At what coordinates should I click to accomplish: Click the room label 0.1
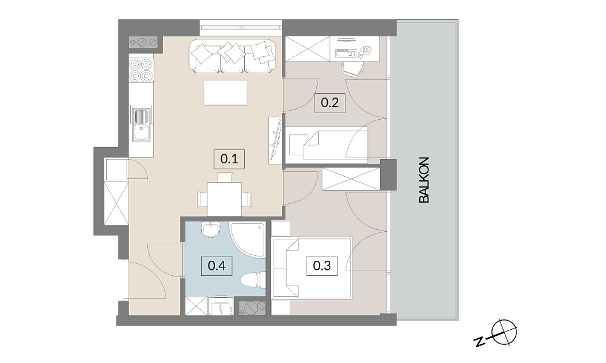tap(229, 159)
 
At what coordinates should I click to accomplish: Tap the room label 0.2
tap(330, 103)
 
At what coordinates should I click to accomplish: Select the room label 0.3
tap(322, 266)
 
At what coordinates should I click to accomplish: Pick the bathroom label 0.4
tap(217, 266)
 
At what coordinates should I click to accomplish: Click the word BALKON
tap(424, 180)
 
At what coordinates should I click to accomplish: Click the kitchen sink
tap(142, 125)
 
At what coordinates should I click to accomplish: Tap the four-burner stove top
tap(141, 70)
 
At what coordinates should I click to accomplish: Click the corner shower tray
tap(248, 240)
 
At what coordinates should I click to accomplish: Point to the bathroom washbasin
tap(211, 229)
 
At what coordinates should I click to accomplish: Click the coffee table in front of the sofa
tap(225, 93)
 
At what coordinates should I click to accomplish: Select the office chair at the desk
tap(353, 68)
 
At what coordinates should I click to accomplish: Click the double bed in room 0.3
tap(312, 268)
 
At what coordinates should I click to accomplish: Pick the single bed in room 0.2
tap(328, 143)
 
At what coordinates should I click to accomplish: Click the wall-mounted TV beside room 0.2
tap(276, 140)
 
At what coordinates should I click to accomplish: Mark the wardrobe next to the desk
tap(308, 49)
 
